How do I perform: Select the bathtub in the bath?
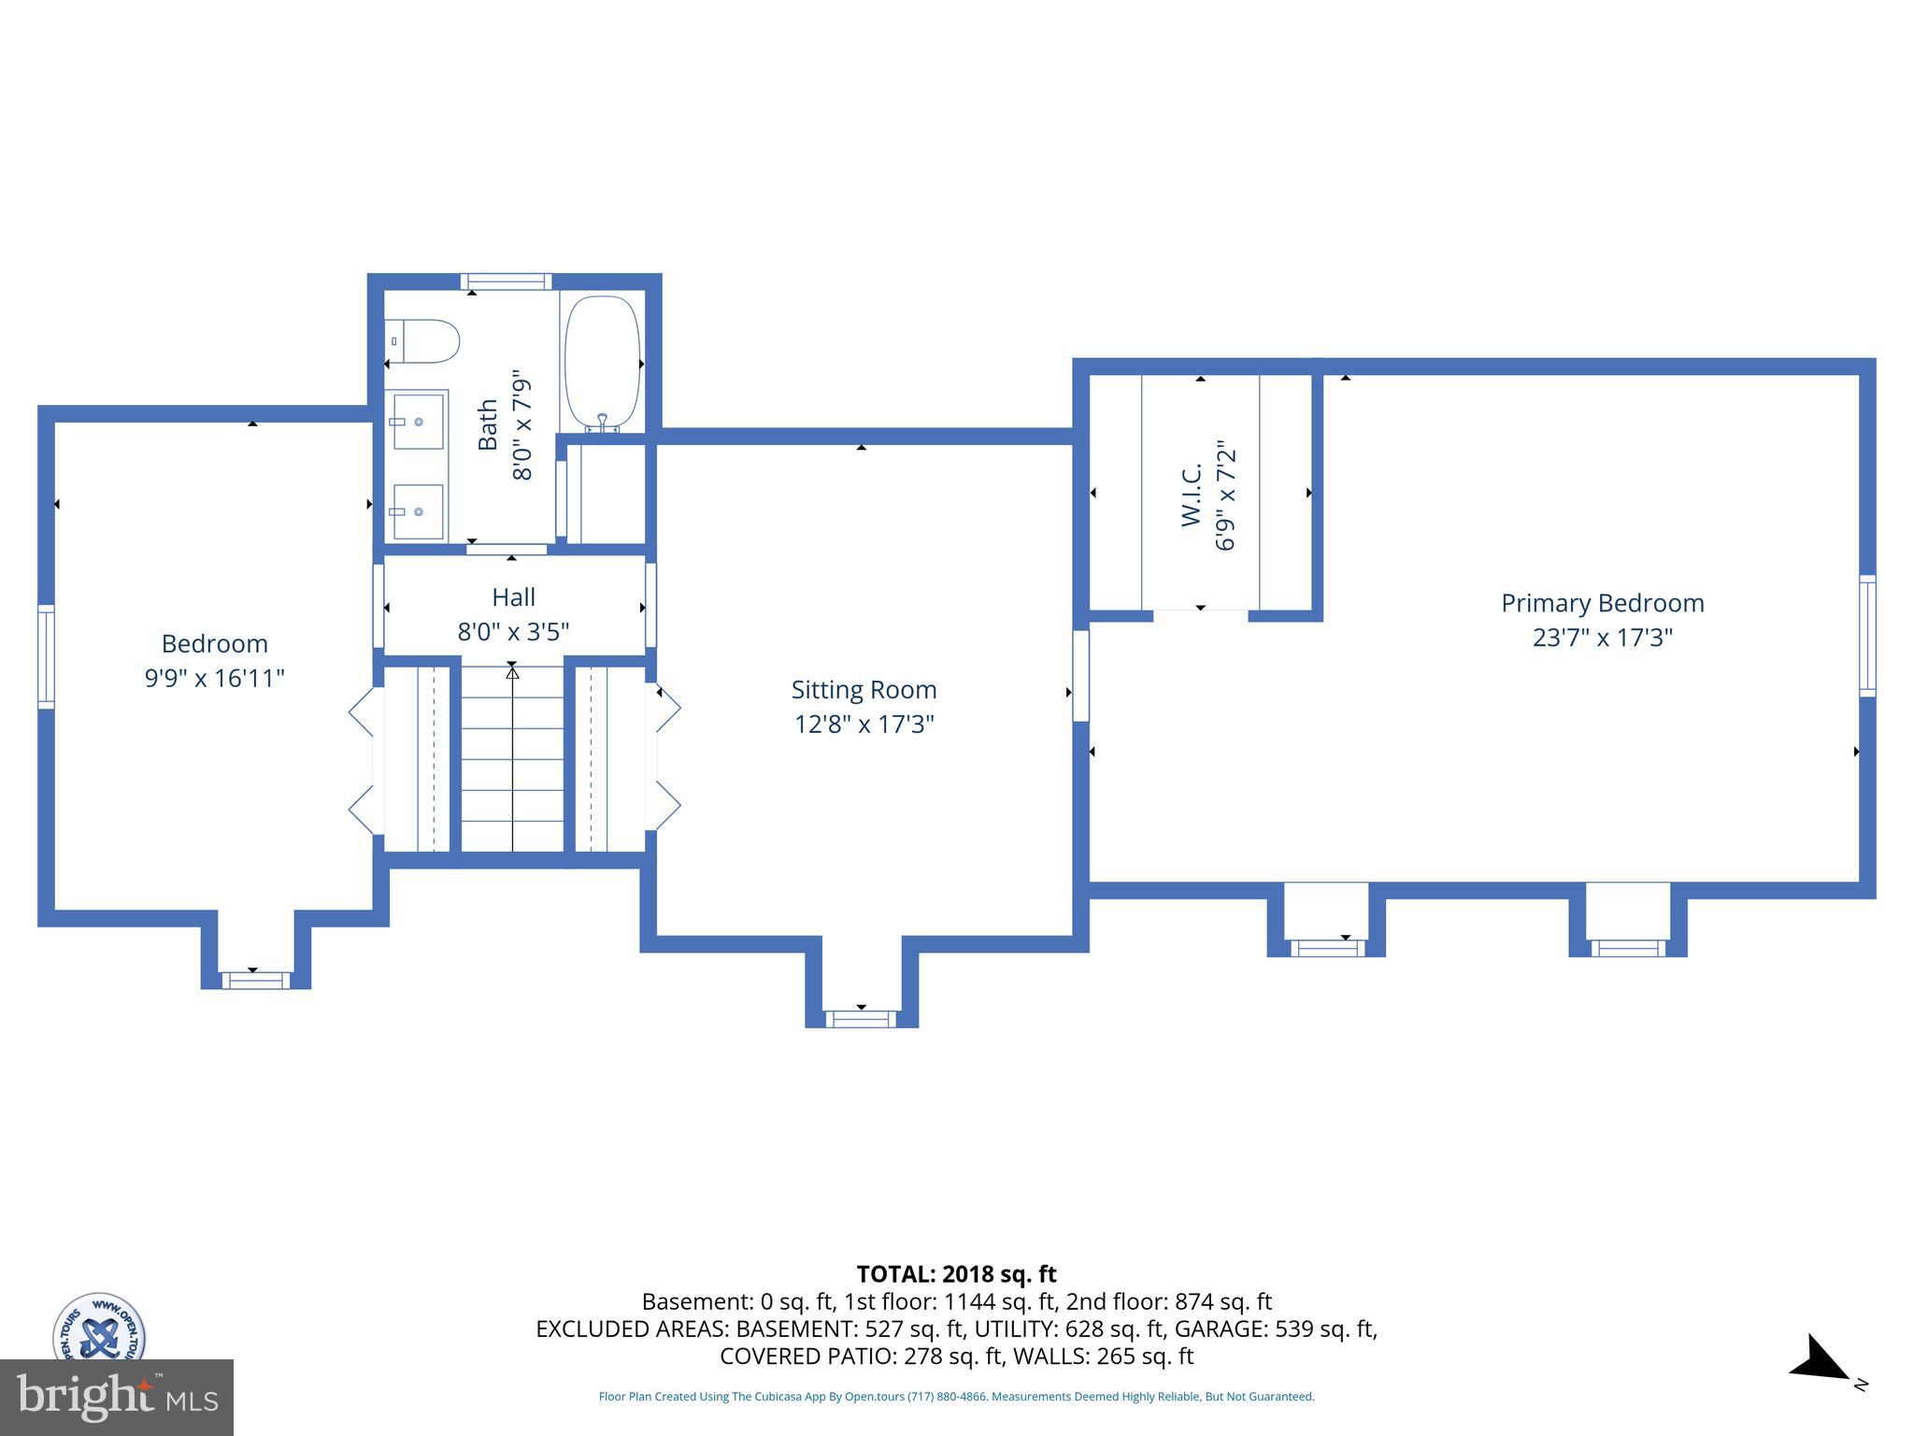(x=603, y=362)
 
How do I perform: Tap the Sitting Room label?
(x=864, y=690)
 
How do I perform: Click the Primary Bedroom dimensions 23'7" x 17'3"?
(x=1602, y=638)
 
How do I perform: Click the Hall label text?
(x=513, y=597)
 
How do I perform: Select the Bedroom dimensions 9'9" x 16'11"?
(x=214, y=678)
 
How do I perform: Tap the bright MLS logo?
(x=117, y=1398)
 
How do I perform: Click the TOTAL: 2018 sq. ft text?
(x=956, y=1274)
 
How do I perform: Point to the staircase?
(x=512, y=757)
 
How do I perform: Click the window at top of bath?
(x=506, y=281)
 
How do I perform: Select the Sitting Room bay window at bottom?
(x=861, y=1019)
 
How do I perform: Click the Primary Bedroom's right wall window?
(x=1866, y=636)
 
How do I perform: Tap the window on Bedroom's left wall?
(x=45, y=655)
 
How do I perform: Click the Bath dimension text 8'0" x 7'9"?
(x=521, y=424)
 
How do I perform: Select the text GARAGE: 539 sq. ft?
(x=1275, y=1328)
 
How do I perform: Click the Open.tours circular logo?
(x=98, y=1328)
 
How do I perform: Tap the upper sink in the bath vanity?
(x=418, y=421)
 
